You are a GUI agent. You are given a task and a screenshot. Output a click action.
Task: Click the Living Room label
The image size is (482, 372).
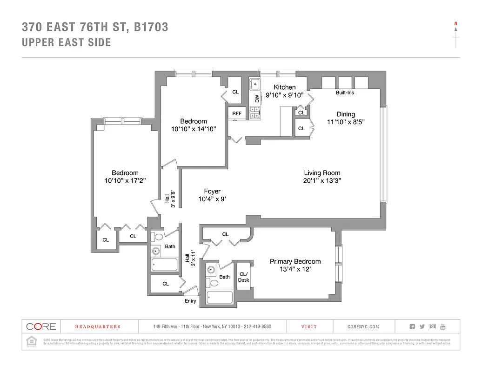322,173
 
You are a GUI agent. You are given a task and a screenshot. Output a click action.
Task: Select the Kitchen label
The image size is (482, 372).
284,87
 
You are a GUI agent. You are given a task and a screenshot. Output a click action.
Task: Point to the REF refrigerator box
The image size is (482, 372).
237,113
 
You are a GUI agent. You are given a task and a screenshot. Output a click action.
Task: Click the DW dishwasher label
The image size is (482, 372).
256,99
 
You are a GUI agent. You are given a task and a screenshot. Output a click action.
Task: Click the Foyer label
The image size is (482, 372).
212,191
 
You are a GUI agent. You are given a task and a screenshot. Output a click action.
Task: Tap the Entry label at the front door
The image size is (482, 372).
190,301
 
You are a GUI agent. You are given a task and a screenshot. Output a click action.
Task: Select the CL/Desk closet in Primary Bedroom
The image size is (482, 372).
243,277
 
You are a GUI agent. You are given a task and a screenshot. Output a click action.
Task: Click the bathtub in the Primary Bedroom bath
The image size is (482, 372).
219,298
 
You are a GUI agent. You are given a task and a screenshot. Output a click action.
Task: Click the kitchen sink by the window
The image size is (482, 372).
254,85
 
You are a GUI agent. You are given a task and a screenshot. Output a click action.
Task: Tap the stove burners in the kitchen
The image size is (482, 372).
254,113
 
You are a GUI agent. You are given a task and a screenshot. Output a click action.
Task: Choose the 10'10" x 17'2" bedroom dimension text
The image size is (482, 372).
125,181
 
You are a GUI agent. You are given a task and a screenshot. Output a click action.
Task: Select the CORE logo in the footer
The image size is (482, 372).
41,326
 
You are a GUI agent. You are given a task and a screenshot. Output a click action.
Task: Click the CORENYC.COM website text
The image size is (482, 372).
363,327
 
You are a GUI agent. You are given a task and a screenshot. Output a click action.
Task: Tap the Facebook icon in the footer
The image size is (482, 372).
412,326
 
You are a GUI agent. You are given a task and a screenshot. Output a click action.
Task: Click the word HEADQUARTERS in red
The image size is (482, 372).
98,327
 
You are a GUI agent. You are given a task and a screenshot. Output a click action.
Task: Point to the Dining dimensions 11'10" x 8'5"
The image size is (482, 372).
346,122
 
